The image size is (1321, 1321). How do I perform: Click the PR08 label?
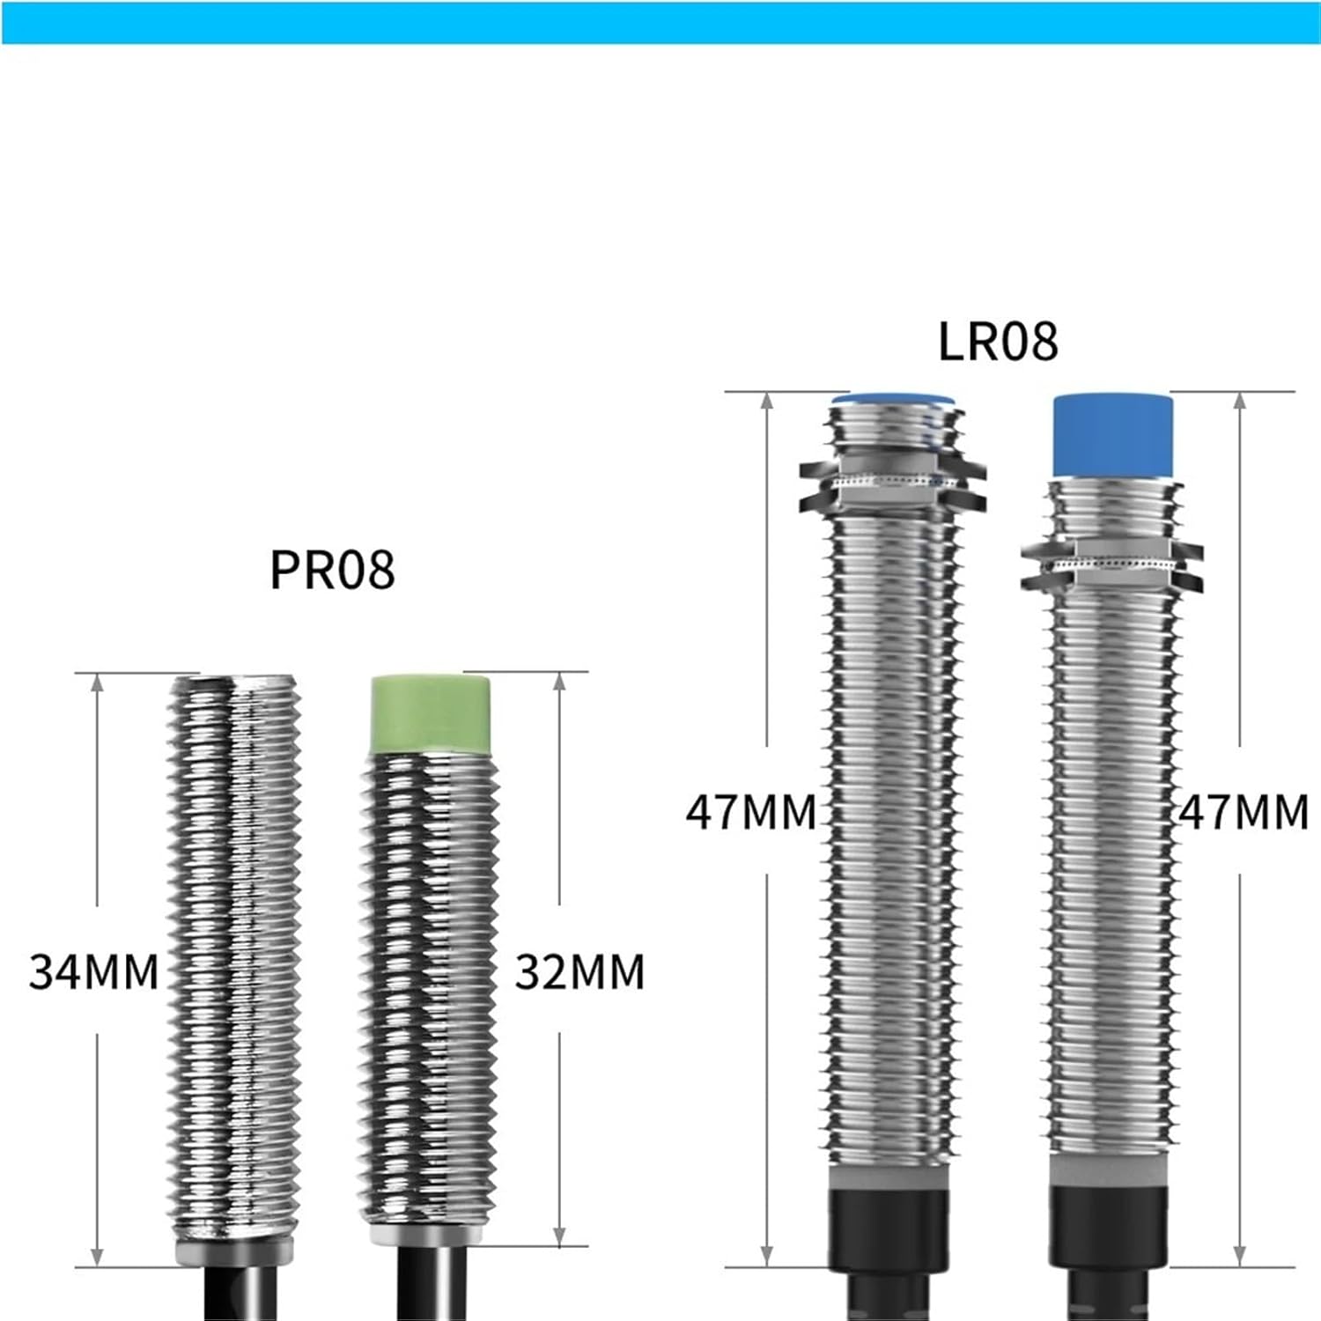(x=332, y=570)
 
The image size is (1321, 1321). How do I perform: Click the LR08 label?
(x=998, y=342)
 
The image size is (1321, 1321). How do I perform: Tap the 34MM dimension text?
(x=93, y=972)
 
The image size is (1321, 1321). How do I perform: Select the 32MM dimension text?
(x=579, y=972)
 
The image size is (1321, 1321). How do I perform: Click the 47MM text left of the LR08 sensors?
(x=750, y=812)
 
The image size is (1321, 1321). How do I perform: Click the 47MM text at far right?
(x=1244, y=812)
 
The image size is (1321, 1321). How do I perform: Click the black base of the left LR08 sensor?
(x=888, y=1229)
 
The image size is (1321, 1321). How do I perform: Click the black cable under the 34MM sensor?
(x=240, y=1293)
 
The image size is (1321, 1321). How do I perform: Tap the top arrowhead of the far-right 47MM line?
(x=1240, y=402)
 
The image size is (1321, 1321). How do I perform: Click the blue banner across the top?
(x=660, y=22)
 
